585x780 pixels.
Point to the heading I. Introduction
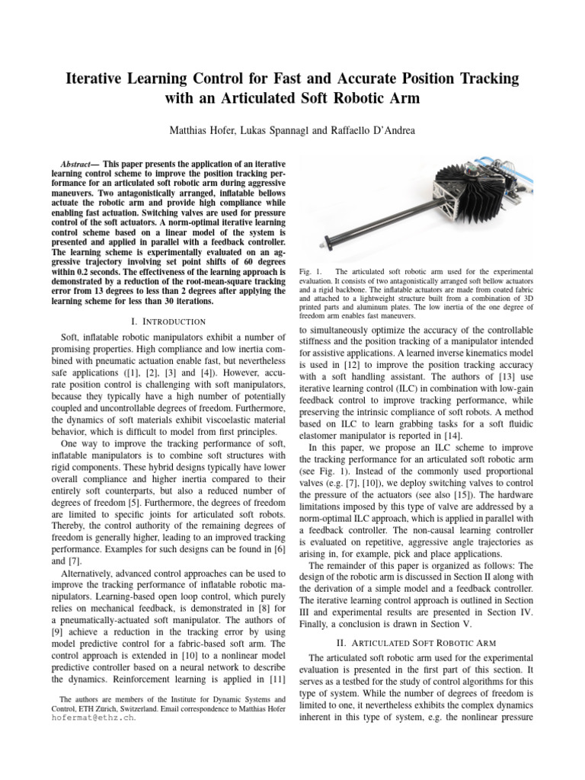click(169, 322)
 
